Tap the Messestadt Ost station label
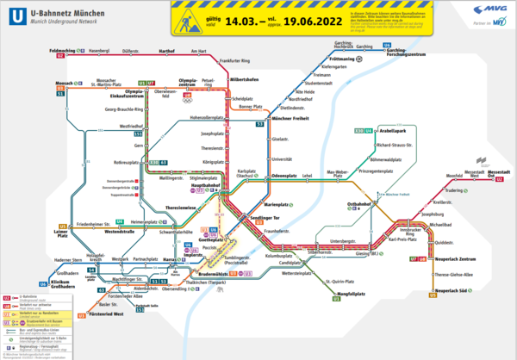click(x=499, y=175)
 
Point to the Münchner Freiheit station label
click(x=290, y=116)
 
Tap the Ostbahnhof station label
click(x=358, y=204)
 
